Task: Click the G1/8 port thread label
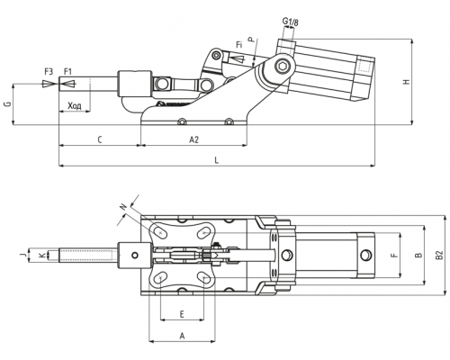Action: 291,22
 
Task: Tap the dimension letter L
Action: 217,160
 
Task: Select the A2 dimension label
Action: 194,139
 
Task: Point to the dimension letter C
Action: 100,139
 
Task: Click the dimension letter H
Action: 407,82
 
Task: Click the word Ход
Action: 75,106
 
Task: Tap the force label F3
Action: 49,72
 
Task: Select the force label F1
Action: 68,72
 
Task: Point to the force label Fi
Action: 238,45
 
